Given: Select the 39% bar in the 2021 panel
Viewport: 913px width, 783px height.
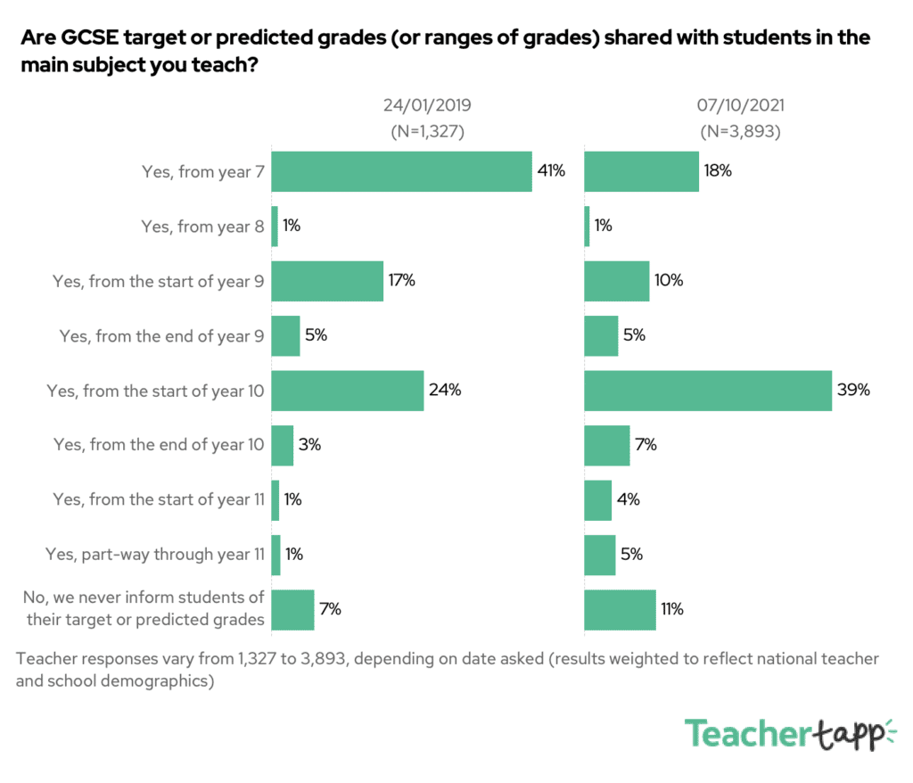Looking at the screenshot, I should pos(708,391).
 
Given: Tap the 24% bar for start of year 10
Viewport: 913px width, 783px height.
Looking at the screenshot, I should pos(347,391).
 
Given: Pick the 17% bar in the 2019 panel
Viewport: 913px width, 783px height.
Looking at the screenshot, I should pos(327,281).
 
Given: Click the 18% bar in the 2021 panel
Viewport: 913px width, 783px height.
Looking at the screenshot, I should pos(641,171).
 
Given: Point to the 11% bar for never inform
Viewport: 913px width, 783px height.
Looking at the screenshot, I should pos(620,610).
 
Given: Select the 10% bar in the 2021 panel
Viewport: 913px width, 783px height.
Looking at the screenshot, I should pos(616,281).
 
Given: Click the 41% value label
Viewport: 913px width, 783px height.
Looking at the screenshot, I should pos(551,171).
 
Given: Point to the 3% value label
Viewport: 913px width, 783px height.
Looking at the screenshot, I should pos(310,445).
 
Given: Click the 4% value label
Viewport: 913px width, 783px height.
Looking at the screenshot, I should pos(629,500).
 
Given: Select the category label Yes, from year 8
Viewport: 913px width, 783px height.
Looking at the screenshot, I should pos(202,227).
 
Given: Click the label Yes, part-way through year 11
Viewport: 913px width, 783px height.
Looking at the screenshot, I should pos(155,555).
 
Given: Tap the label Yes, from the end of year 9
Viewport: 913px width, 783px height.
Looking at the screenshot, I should pos(161,336).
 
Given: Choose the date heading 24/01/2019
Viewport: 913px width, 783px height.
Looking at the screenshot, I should pos(427,105).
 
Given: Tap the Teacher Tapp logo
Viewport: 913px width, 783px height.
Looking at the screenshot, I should pos(790,733).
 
